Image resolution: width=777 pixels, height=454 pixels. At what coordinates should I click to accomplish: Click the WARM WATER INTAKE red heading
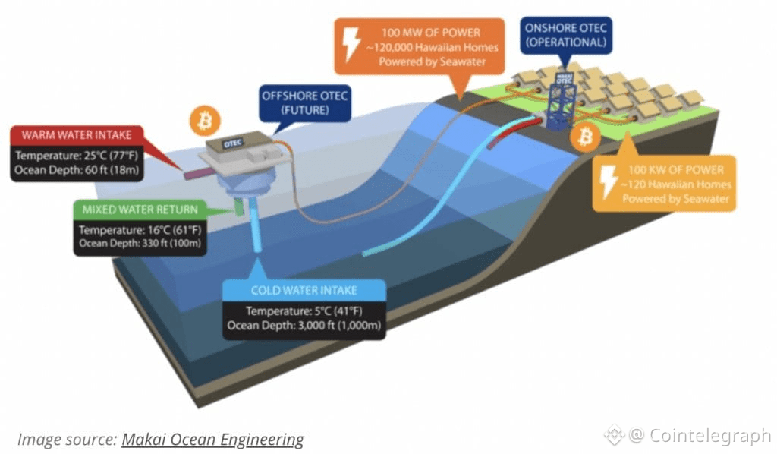(x=77, y=135)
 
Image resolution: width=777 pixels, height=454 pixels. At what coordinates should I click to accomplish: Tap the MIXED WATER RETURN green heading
(x=140, y=209)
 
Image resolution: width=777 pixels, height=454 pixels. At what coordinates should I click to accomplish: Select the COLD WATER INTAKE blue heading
(x=304, y=291)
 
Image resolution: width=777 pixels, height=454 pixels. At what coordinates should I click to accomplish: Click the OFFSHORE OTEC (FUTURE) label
(x=305, y=102)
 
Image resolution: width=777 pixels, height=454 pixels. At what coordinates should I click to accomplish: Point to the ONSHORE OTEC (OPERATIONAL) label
(x=566, y=35)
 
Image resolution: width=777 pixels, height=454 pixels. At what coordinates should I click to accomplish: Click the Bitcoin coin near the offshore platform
(x=205, y=121)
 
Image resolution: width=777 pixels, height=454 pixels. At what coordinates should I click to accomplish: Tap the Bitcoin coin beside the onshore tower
(x=585, y=137)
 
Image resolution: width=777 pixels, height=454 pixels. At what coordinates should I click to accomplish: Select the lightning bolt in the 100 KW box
(x=609, y=182)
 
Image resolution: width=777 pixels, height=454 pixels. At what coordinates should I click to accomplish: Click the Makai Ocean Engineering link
(x=212, y=439)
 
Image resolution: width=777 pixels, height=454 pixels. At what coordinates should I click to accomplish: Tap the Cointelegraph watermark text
(x=710, y=436)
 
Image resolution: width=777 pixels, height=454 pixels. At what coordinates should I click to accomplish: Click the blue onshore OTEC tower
(x=562, y=102)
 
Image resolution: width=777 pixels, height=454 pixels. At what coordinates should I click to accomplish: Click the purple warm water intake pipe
(x=199, y=173)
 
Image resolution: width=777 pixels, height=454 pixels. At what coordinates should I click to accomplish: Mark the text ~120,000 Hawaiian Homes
(x=432, y=48)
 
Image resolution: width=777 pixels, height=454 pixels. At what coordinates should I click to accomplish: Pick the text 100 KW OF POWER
(x=676, y=170)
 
